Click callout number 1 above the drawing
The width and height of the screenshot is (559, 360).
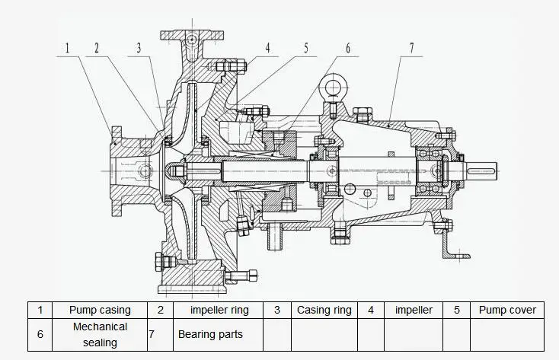pyautogui.click(x=67, y=47)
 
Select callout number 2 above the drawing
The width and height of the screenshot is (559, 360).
pyautogui.click(x=96, y=47)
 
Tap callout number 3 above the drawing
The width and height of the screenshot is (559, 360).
pyautogui.click(x=139, y=47)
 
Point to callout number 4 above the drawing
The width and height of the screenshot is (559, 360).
pyautogui.click(x=267, y=47)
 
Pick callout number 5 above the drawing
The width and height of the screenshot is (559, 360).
pyautogui.click(x=305, y=47)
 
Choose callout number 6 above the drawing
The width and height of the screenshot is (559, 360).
pyautogui.click(x=347, y=47)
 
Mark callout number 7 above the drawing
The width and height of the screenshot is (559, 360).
pyautogui.click(x=411, y=47)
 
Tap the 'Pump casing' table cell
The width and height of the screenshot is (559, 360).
pyautogui.click(x=100, y=310)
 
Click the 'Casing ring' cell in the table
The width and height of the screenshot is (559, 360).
pyautogui.click(x=324, y=310)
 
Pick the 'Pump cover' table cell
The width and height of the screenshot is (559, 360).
pyautogui.click(x=507, y=310)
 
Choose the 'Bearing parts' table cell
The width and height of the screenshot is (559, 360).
pyautogui.click(x=210, y=334)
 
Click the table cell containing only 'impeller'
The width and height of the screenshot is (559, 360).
pyautogui.click(x=414, y=310)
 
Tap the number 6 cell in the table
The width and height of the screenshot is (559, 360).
pyautogui.click(x=40, y=334)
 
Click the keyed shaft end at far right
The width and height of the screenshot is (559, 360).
pyautogui.click(x=484, y=168)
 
